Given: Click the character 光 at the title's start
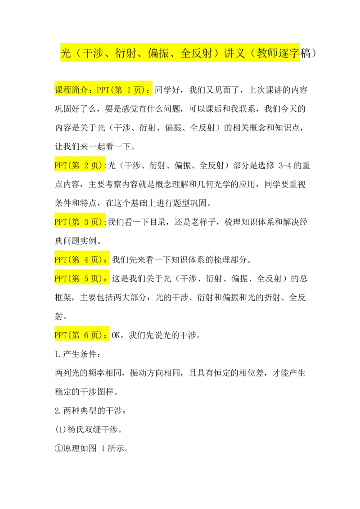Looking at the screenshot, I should [66, 54].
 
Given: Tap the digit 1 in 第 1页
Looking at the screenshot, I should [129, 89].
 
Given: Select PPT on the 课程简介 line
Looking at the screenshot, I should [103, 89].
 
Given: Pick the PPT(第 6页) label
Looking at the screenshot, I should [80, 335].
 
